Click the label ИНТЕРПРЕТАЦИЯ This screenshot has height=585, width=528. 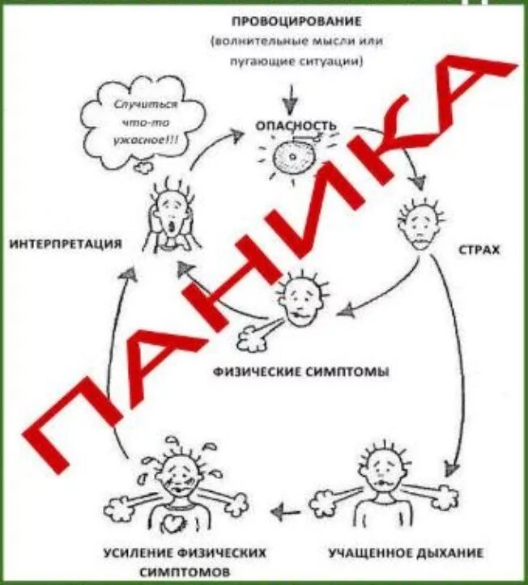click(66, 244)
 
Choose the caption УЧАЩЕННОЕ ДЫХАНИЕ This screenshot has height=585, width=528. click(406, 554)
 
